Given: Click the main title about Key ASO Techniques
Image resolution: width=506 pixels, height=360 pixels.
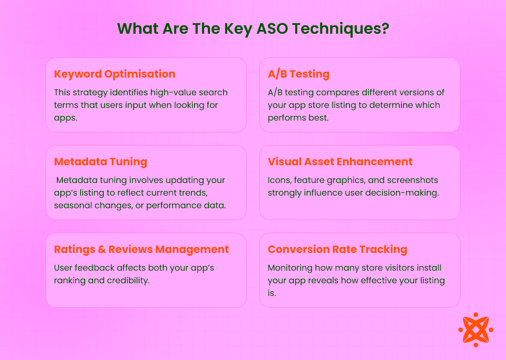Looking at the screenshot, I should pyautogui.click(x=253, y=29).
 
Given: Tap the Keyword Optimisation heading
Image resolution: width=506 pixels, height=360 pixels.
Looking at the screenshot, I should pyautogui.click(x=115, y=74).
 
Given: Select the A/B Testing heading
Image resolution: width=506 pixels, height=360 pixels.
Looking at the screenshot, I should pyautogui.click(x=299, y=74).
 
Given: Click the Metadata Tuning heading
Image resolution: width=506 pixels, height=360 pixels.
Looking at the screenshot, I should pyautogui.click(x=100, y=161).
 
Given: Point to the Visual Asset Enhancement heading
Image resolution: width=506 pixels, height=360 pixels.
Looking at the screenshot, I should pyautogui.click(x=340, y=161).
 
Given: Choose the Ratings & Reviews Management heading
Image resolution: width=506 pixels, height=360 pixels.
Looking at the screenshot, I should pyautogui.click(x=141, y=249).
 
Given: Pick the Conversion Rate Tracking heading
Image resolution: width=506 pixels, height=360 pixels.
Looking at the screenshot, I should pyautogui.click(x=337, y=249).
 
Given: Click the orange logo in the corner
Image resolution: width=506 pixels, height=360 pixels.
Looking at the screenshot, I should pyautogui.click(x=476, y=330).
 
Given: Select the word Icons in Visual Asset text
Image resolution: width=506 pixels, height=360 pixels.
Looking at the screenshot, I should pyautogui.click(x=279, y=180).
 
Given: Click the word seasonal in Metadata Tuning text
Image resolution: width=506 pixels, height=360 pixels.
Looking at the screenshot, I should pyautogui.click(x=72, y=205).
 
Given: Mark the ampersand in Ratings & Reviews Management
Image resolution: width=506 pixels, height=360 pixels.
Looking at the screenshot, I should pyautogui.click(x=102, y=249).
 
